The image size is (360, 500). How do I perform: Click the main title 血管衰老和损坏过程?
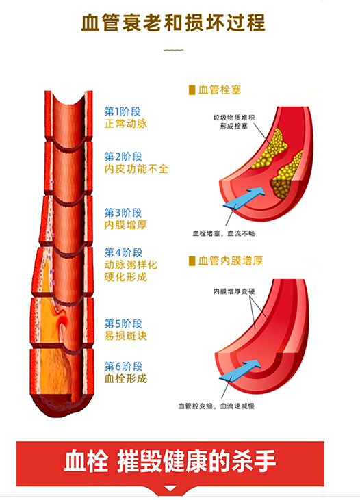click(173, 23)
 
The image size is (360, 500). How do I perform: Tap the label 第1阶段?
click(123, 111)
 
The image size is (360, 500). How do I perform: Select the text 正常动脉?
click(126, 124)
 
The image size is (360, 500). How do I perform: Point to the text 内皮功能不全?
click(136, 169)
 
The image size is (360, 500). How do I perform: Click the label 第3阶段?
click(123, 213)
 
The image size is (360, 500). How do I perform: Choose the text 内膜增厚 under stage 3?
click(126, 225)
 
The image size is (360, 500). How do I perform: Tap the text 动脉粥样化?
click(131, 265)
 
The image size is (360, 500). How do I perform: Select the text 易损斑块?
click(126, 336)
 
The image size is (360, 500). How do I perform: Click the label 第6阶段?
click(123, 367)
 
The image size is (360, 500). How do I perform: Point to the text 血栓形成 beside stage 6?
click(126, 378)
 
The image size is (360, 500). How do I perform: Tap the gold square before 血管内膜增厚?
click(192, 261)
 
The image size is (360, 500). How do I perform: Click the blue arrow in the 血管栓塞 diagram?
click(244, 198)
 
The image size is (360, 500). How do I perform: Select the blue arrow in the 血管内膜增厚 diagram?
click(240, 371)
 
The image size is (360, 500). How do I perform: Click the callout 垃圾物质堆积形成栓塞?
click(234, 122)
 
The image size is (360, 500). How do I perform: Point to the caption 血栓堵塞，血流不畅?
click(223, 233)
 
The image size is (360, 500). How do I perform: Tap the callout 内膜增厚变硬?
click(234, 291)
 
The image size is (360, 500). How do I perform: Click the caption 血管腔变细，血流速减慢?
click(216, 406)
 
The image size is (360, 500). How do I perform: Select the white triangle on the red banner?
click(170, 488)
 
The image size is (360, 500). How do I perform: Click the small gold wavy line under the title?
click(173, 50)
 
